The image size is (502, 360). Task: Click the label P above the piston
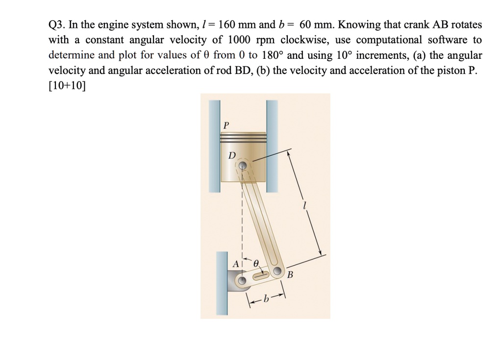(x=226, y=125)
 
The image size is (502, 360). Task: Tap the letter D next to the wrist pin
(x=232, y=155)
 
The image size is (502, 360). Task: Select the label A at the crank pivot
(x=236, y=264)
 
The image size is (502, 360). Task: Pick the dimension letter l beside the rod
(x=304, y=206)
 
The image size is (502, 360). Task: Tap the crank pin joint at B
(x=278, y=271)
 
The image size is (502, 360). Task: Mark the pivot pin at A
(x=241, y=281)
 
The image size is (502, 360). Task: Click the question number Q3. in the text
(x=57, y=25)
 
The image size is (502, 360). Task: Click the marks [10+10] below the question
(x=66, y=85)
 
